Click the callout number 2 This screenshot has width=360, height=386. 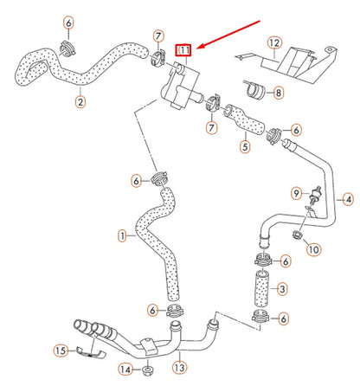click(80, 102)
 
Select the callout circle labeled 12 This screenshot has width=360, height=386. click(273, 42)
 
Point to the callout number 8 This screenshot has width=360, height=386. click(280, 92)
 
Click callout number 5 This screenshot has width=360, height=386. click(245, 147)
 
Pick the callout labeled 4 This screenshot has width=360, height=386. click(348, 200)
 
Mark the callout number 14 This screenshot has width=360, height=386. click(125, 370)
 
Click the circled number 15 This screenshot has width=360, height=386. click(61, 351)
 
